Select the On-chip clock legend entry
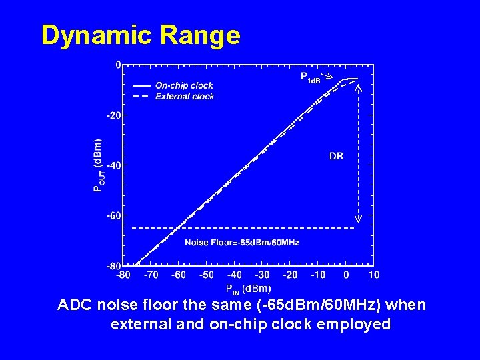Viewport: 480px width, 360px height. pos(184,85)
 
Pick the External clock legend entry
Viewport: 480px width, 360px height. pos(185,97)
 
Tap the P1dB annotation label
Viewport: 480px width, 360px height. pos(310,78)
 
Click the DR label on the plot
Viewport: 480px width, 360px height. pos(337,156)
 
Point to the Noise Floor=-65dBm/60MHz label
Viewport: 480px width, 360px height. pos(241,242)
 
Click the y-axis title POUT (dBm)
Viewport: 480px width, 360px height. pos(98,165)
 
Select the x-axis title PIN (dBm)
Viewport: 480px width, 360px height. pos(247,288)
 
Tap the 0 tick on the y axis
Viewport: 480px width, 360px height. pos(118,65)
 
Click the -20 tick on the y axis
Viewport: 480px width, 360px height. pos(113,115)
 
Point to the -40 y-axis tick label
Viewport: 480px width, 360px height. pos(113,165)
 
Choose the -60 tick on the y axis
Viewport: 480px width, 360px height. pos(113,215)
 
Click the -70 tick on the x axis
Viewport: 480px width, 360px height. pos(151,275)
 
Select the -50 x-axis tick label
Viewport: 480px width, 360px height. pos(207,275)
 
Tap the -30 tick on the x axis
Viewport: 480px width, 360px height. pos(262,275)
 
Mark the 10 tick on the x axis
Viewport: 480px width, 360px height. pos(373,275)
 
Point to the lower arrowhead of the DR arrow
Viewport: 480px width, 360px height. pos(358,217)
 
